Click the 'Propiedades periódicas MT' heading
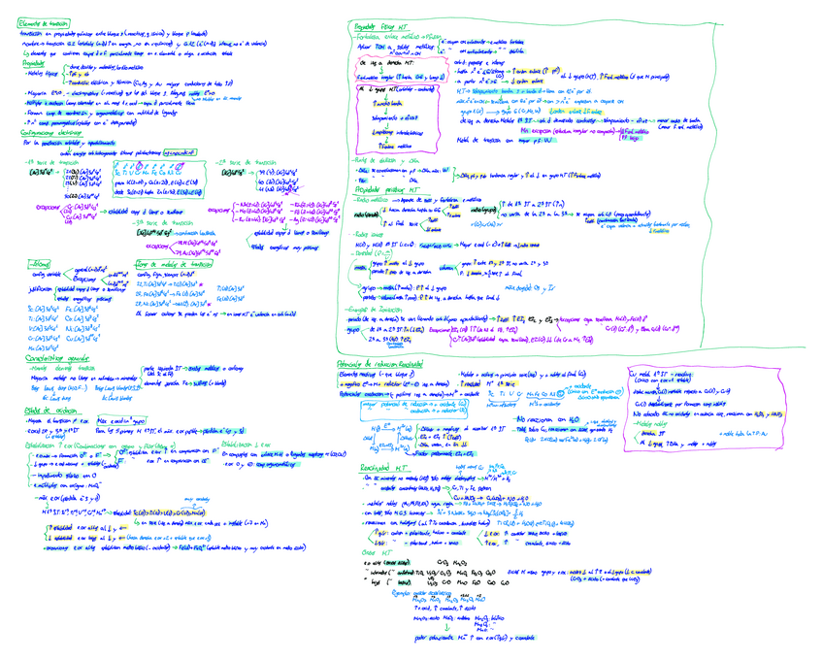pyautogui.click(x=384, y=190)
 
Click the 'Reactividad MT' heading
pyautogui.click(x=374, y=467)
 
